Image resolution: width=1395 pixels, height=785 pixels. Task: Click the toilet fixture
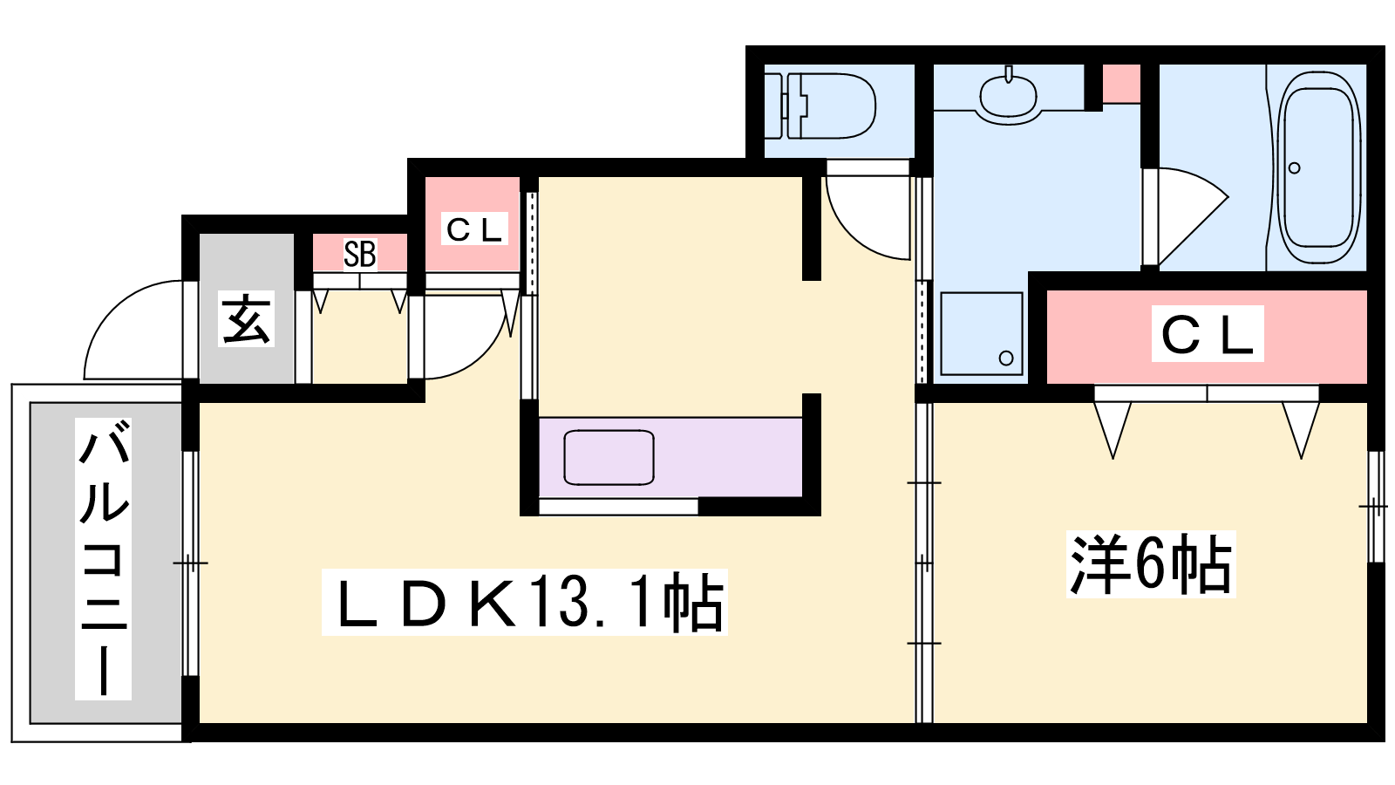point(820,106)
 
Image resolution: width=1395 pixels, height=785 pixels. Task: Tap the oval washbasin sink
point(1008,97)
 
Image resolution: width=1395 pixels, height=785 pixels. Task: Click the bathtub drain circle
point(1294,168)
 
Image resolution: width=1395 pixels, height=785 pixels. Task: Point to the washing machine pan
point(982,334)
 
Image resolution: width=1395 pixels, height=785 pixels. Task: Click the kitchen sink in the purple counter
point(609,457)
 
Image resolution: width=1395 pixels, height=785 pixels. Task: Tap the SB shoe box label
point(360,254)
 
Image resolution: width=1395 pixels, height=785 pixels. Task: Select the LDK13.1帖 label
point(525,602)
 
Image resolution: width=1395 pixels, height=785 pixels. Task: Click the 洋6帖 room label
point(1151,564)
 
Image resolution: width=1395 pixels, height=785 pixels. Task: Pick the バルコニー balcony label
point(104,559)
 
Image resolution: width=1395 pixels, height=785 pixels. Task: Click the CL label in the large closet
point(1208,333)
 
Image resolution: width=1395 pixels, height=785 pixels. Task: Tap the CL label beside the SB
point(474,229)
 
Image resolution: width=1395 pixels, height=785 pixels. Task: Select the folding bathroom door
point(1187,215)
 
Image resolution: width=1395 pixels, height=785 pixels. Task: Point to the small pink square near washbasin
point(1121,84)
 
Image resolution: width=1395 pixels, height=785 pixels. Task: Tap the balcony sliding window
point(191,563)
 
